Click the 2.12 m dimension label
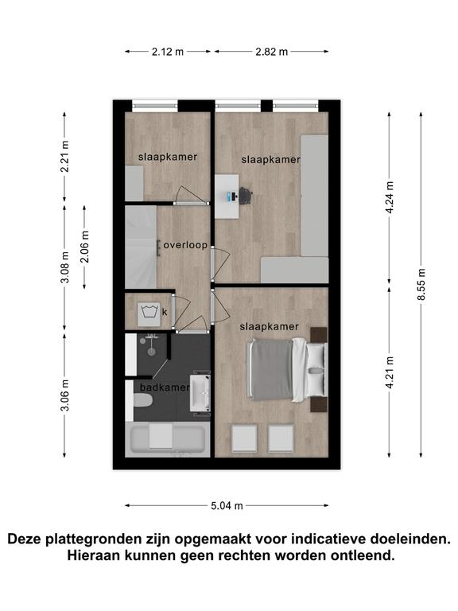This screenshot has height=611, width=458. pos(168,52)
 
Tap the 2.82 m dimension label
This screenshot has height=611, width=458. pos(271,52)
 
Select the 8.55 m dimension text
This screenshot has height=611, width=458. pos(421,285)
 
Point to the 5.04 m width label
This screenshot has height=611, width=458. pos(227,506)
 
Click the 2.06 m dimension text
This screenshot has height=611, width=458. pos(85,247)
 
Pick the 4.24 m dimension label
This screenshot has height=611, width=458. pos(390,197)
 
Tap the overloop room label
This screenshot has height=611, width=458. pos(185,246)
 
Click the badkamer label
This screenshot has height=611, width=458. pos(165,387)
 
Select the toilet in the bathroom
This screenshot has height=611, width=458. pos(142,400)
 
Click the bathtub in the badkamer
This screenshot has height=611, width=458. pos(168,438)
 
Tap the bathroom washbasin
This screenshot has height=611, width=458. pos(200,393)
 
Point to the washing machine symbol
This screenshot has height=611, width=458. pos(149,313)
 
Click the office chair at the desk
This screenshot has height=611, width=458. pos(246,195)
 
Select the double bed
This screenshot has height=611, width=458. pos(287,370)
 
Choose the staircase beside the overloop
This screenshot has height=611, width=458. pos(141,247)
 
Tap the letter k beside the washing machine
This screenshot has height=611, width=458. pos(165,312)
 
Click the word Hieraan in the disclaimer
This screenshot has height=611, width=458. pos(93,555)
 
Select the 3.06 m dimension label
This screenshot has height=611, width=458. pos(65,395)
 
